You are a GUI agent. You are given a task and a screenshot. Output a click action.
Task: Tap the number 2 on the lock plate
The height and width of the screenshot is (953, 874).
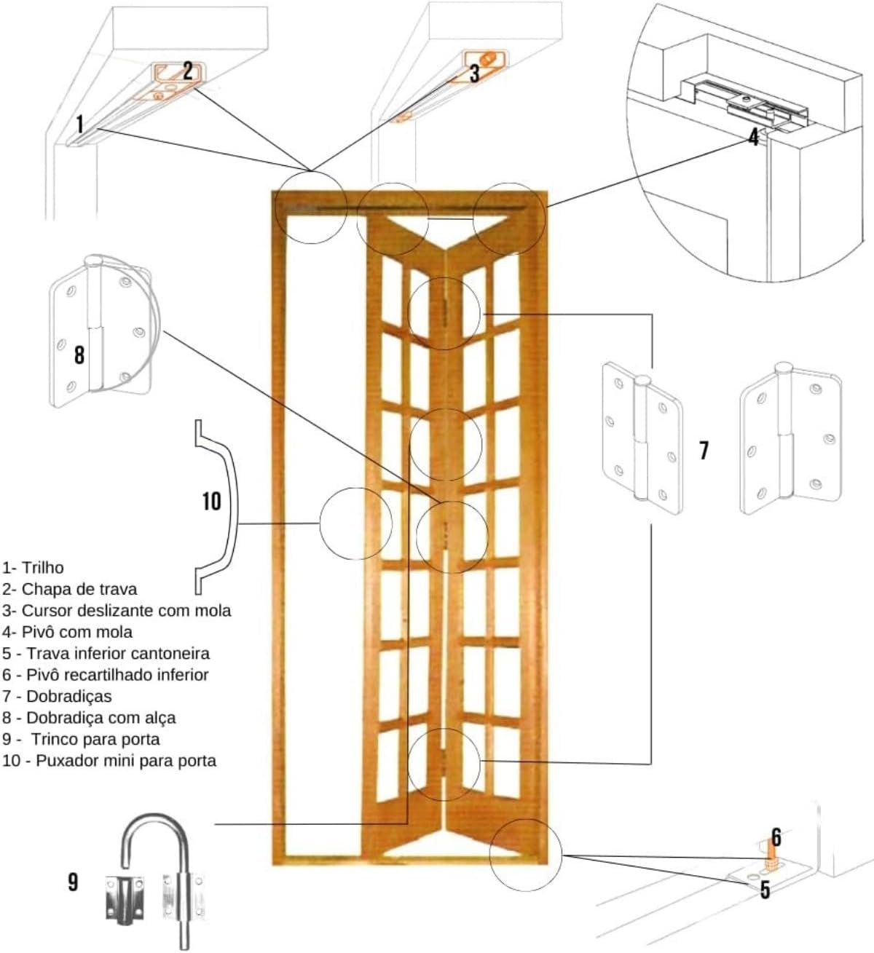pos(187,71)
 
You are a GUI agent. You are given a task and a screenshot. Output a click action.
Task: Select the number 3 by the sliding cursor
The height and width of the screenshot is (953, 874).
pos(474,73)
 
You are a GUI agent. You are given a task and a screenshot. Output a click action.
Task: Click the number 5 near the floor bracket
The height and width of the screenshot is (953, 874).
pos(764,890)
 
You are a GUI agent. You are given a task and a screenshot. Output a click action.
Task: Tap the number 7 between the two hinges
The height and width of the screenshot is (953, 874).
pos(704,450)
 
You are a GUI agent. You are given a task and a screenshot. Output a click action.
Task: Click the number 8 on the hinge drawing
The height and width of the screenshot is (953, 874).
pos(79,355)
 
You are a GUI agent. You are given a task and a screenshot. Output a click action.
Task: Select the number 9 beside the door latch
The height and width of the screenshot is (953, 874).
pos(73,882)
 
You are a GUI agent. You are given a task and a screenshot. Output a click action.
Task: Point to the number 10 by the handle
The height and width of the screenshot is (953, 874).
pos(211,501)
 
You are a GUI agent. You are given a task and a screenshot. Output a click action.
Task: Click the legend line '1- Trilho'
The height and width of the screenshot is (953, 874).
pos(34,567)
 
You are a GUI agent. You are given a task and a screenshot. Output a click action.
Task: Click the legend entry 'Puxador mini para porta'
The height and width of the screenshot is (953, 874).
pos(110,761)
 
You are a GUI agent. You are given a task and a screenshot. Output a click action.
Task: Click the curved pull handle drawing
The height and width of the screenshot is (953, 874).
pos(222,506)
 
